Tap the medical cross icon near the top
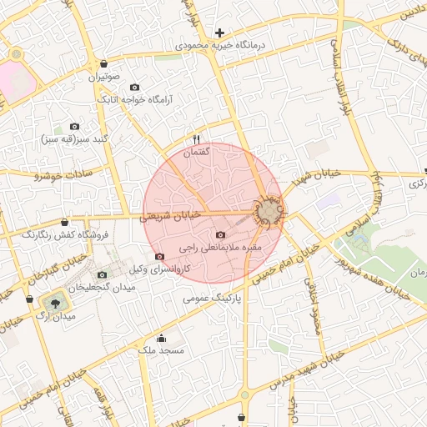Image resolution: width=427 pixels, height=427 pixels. (220, 33)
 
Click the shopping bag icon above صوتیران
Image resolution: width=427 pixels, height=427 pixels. (103, 64)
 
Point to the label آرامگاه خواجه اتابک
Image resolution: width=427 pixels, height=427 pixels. (135, 99)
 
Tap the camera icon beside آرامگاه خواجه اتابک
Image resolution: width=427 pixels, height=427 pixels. (135, 88)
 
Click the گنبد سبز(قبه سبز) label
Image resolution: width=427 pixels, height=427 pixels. (76, 138)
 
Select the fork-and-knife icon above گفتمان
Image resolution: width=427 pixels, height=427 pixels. (197, 139)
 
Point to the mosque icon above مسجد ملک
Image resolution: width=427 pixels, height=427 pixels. (161, 339)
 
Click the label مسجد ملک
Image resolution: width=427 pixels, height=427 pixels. (161, 352)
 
